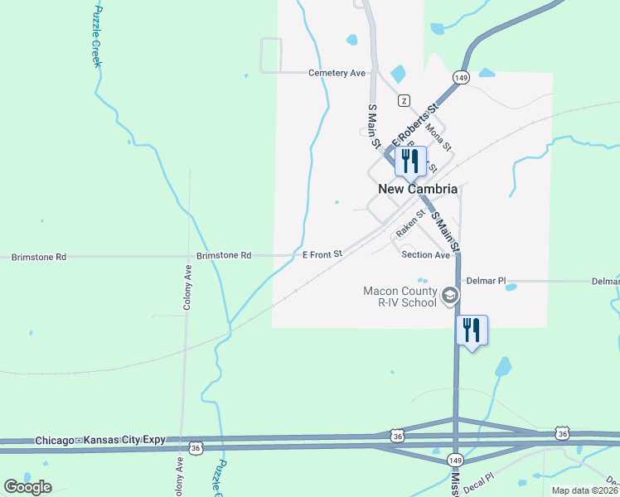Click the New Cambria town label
418,189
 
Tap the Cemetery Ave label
337,73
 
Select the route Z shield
404,100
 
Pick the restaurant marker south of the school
472,330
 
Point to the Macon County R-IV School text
400,297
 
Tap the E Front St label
322,254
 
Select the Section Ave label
425,255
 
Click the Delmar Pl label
486,282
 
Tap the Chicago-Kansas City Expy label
100,441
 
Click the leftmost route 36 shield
196,447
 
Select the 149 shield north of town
461,77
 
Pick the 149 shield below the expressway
454,460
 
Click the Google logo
27,487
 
